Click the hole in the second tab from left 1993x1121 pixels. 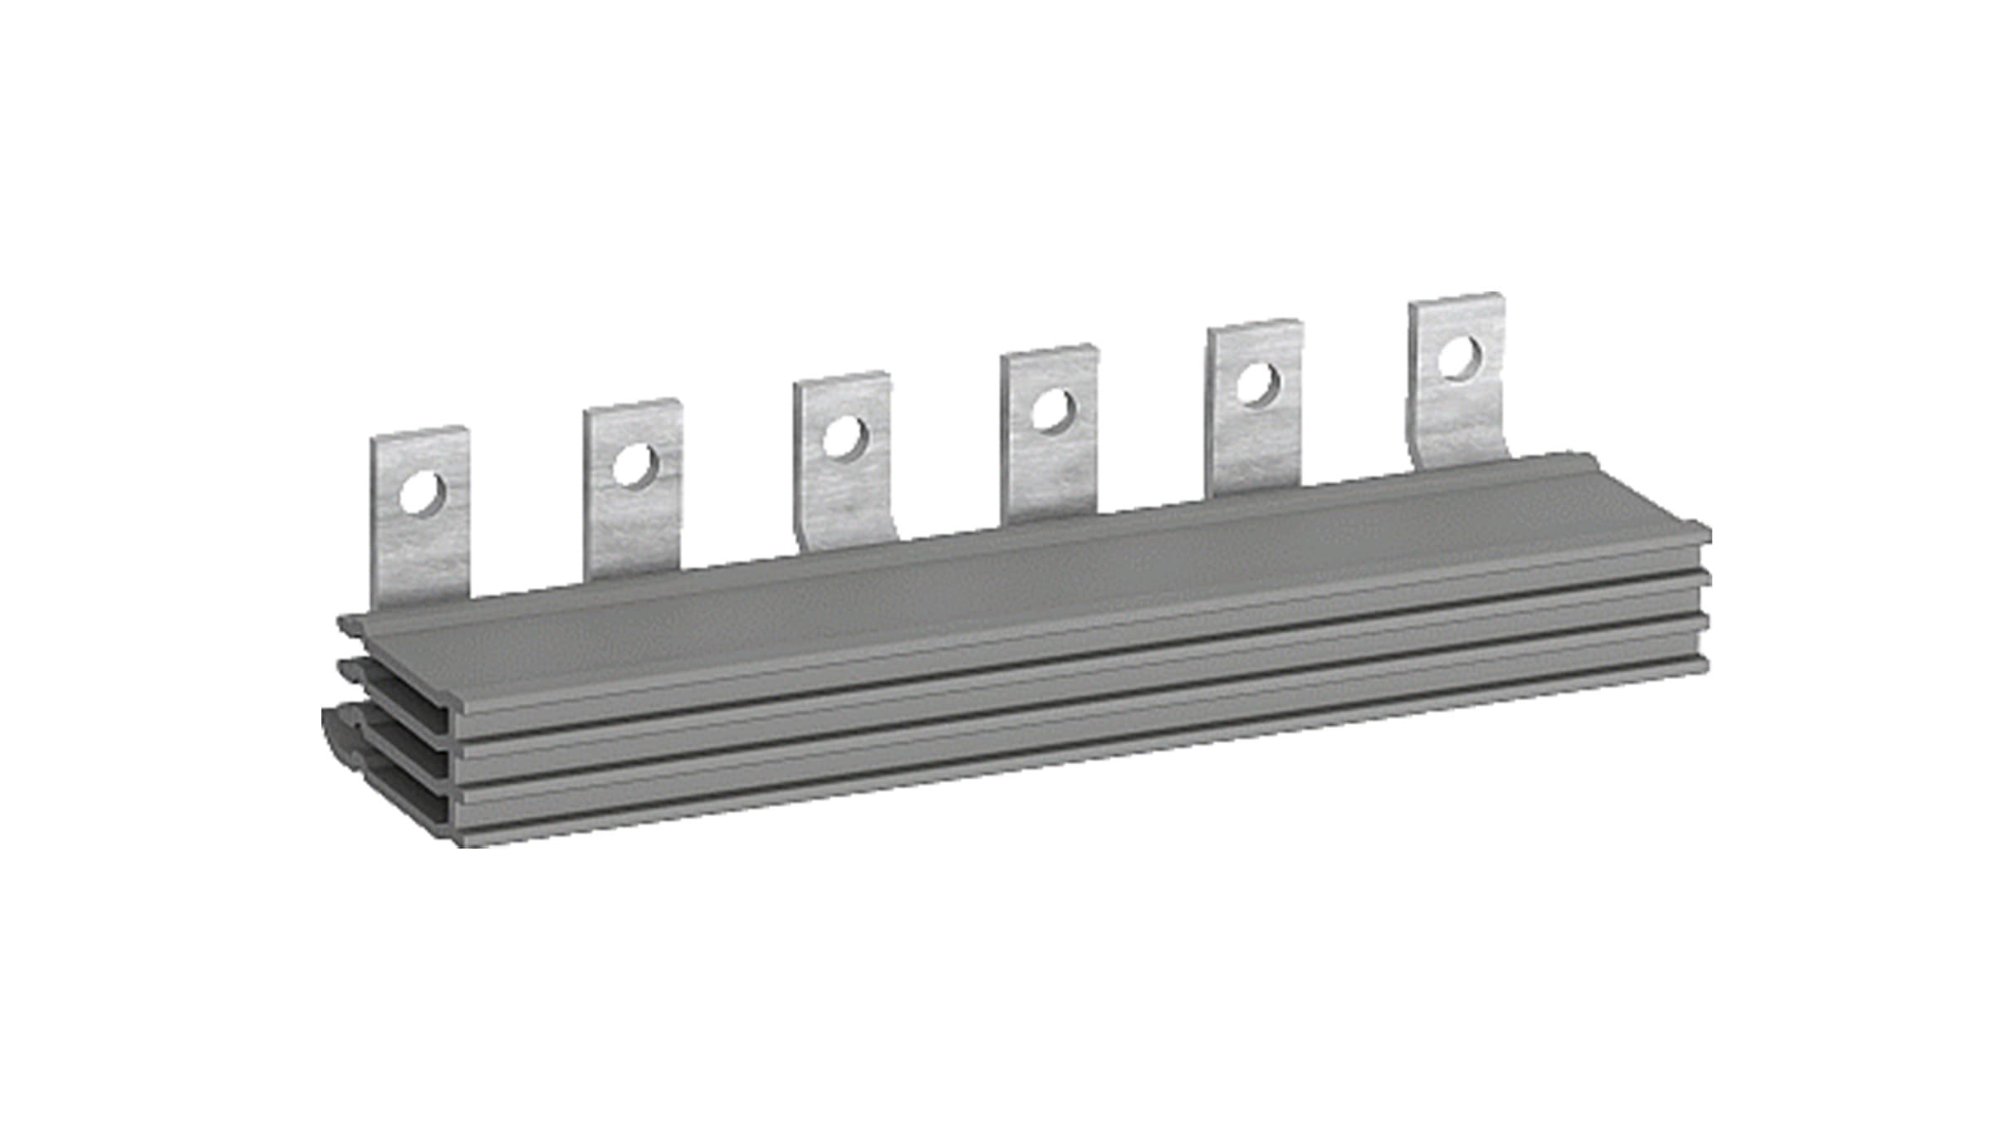coord(634,465)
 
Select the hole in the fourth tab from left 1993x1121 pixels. coord(1052,410)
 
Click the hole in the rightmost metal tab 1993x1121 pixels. coord(1460,358)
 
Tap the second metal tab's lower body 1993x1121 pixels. coord(633,531)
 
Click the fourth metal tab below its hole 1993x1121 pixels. coord(1050,477)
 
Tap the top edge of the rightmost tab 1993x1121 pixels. coord(1457,299)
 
